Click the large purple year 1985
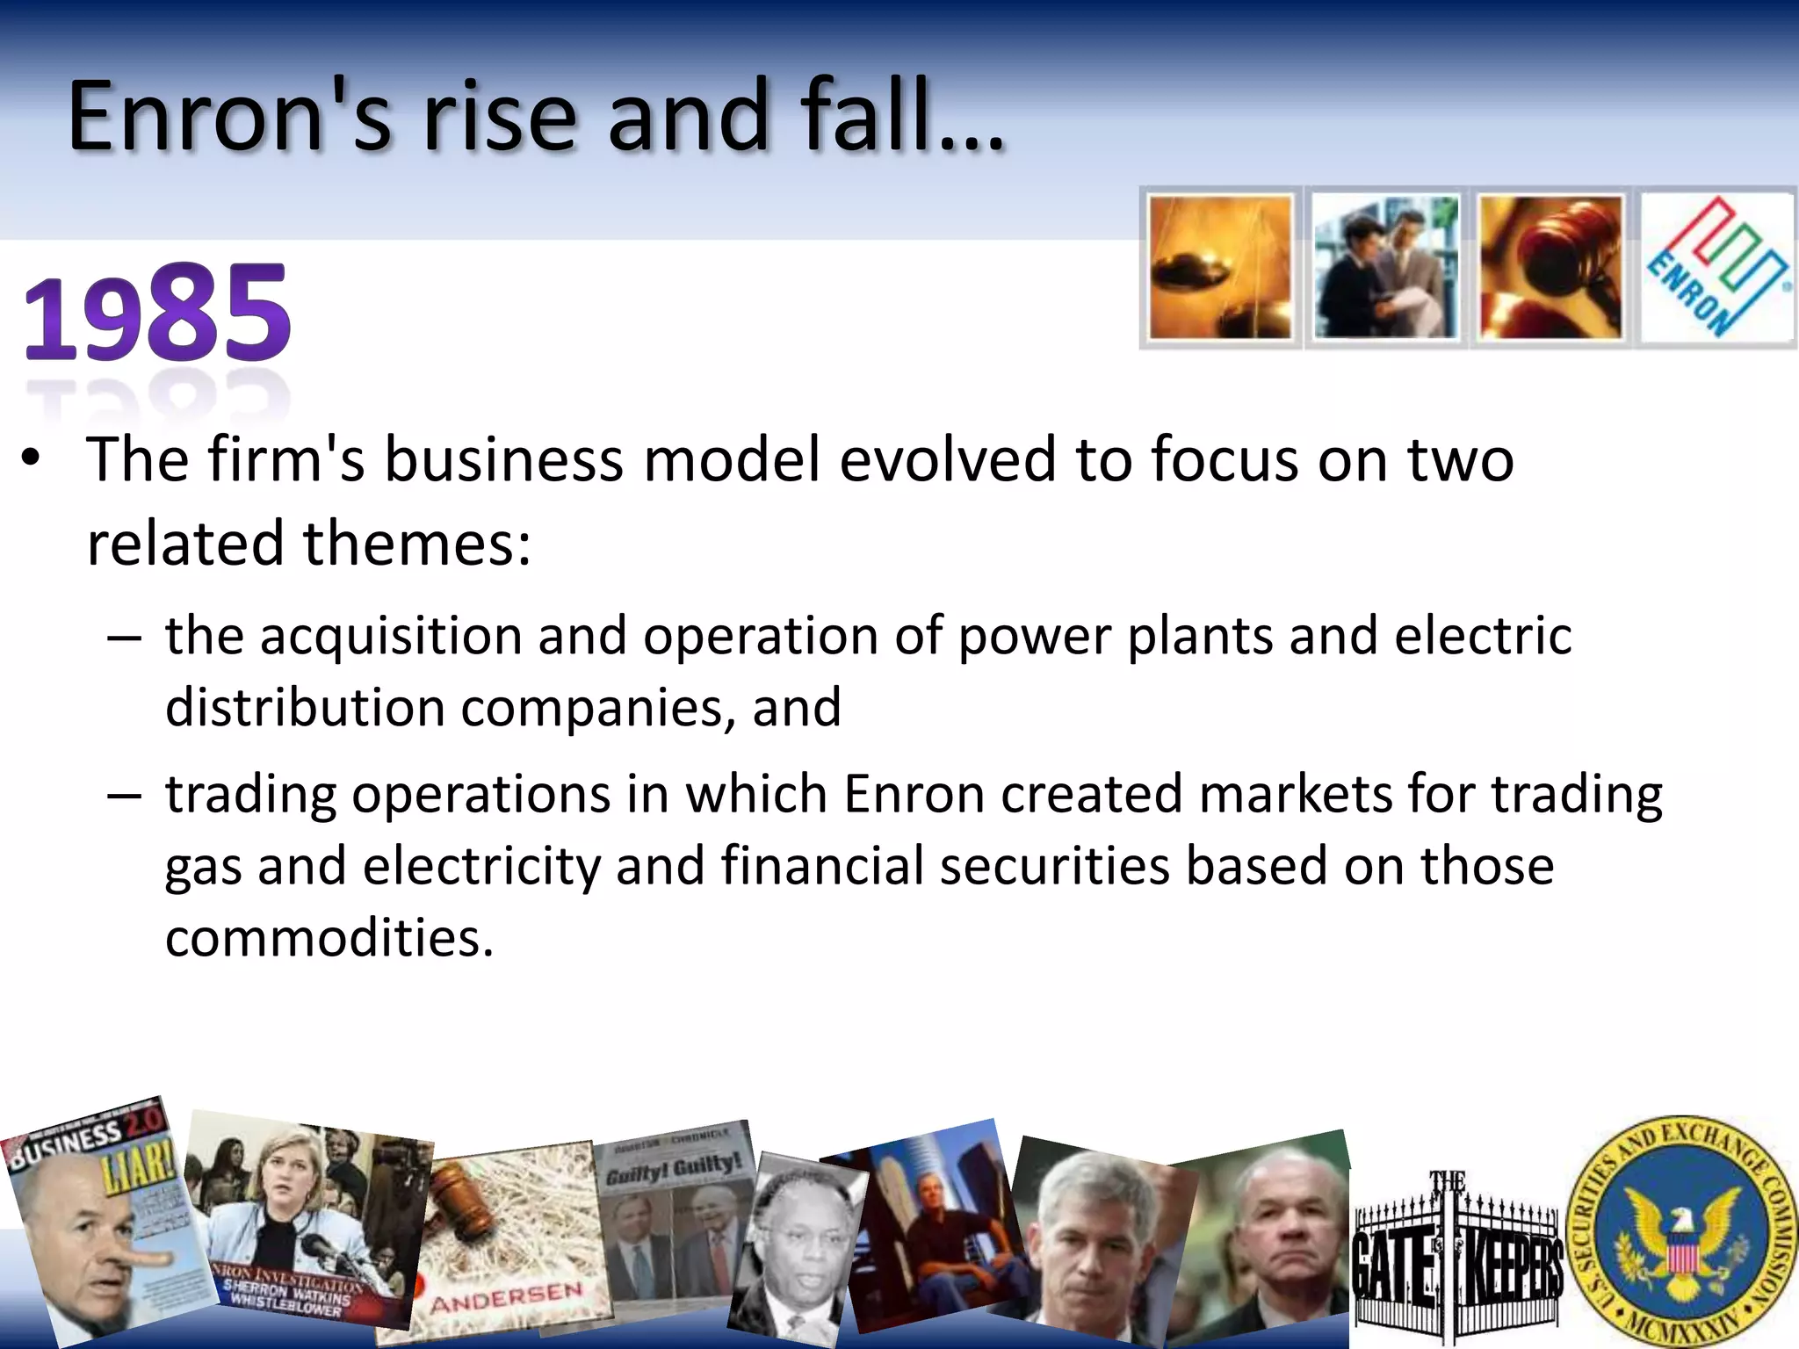156,314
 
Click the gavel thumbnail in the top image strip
1550,267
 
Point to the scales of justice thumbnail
1220,267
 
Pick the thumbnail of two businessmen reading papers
1385,267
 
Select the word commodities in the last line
329,938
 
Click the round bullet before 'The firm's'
32,459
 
